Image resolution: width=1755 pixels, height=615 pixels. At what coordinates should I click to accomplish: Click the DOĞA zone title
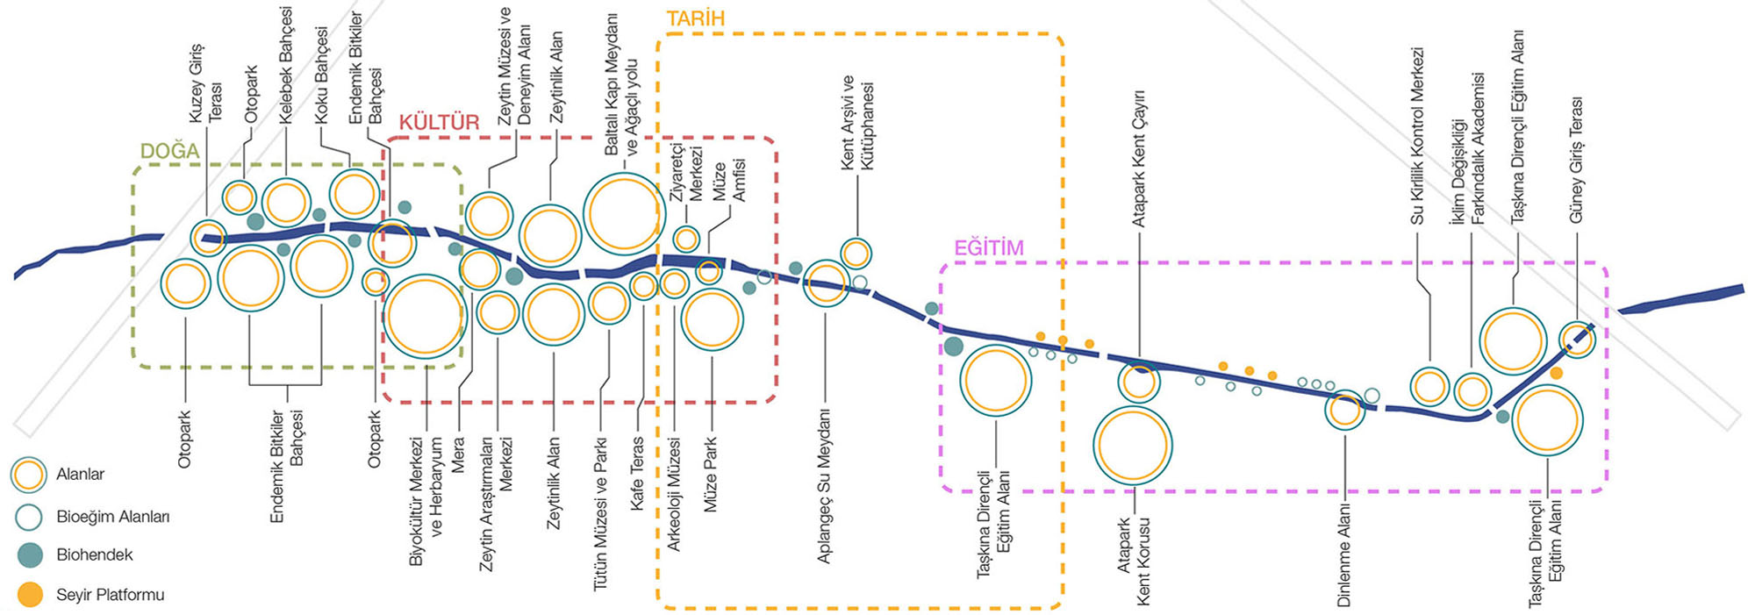[x=169, y=151]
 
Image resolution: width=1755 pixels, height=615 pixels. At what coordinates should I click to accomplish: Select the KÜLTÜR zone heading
[x=439, y=122]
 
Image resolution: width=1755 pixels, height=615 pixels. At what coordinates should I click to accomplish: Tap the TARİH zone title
[x=695, y=18]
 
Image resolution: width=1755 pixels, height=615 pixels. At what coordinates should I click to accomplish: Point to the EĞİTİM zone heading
[x=988, y=247]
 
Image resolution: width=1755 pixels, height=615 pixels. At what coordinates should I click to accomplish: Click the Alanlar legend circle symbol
[x=28, y=475]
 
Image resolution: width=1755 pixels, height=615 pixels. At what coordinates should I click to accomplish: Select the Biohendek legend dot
[x=30, y=554]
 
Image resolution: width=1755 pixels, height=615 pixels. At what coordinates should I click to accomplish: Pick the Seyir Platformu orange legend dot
[x=30, y=594]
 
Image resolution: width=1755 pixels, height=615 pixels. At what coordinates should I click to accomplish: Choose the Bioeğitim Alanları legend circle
[x=28, y=517]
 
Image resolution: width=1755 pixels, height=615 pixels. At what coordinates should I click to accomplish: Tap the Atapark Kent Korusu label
[x=1133, y=561]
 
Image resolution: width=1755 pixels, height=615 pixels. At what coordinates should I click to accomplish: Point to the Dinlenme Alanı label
[x=1343, y=554]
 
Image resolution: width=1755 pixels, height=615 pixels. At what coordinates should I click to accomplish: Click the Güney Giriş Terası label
[x=1577, y=159]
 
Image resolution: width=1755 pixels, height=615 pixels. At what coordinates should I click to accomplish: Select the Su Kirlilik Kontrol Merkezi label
[x=1417, y=135]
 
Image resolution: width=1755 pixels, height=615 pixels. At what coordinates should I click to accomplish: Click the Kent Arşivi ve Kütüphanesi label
[x=857, y=122]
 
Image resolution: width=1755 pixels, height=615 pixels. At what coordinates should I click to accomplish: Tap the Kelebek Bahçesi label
[x=286, y=65]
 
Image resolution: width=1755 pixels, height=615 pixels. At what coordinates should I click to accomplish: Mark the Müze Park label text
[x=710, y=474]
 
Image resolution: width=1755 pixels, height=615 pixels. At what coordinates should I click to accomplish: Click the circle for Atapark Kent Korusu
[x=1133, y=446]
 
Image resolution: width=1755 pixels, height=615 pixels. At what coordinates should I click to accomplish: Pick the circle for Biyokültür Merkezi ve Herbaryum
[x=425, y=316]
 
